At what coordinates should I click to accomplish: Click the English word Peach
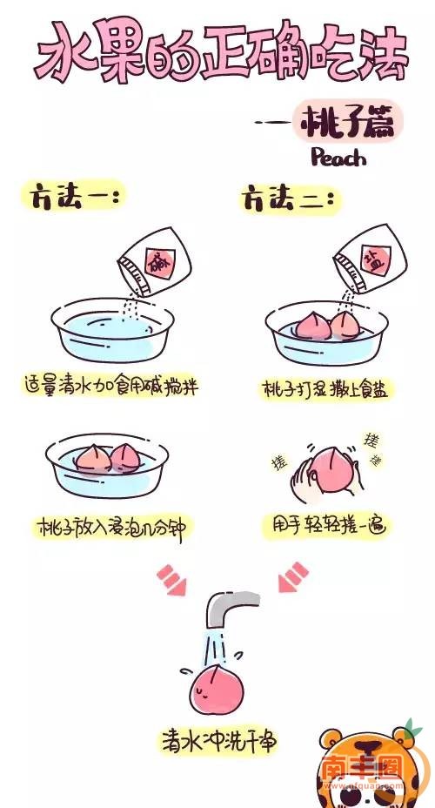338,158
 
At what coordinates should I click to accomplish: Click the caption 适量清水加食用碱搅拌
111,386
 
